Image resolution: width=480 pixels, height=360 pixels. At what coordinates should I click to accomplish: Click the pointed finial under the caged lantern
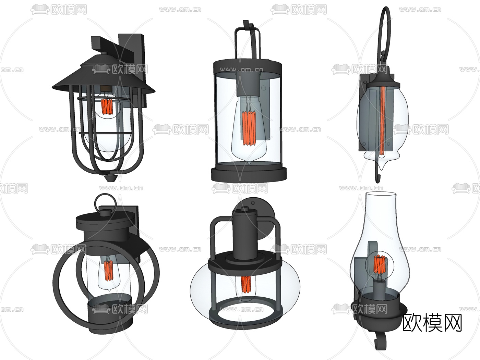click(111, 178)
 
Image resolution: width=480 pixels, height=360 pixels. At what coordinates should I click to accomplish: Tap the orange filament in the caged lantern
click(107, 107)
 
